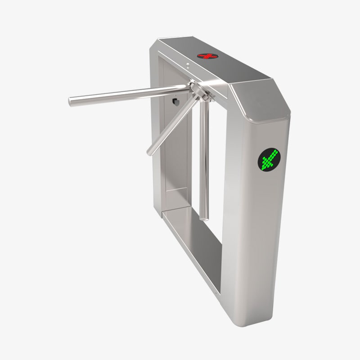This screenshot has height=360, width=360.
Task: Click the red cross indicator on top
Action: coord(207,56)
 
